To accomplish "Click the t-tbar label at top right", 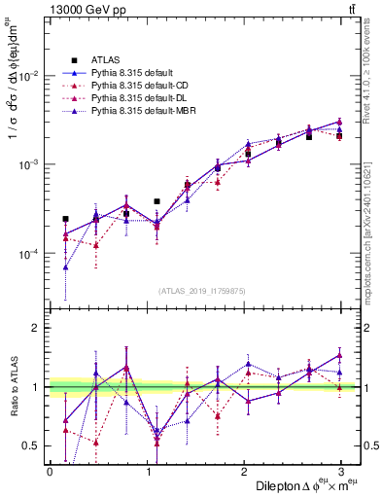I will click(353, 9).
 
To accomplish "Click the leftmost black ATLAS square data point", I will click(65, 219).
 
